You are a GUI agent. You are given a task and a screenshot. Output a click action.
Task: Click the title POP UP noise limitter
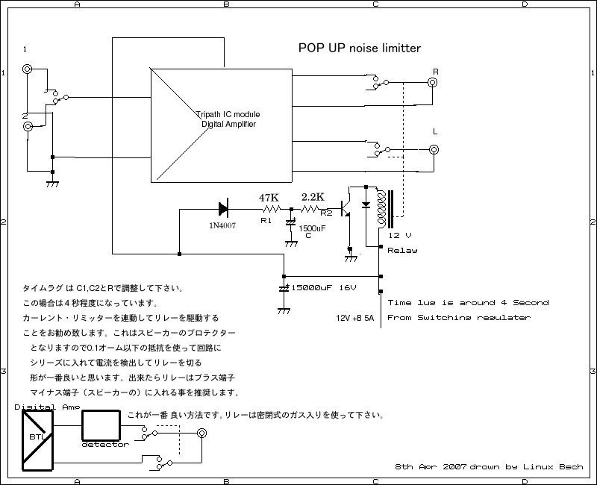[360, 48]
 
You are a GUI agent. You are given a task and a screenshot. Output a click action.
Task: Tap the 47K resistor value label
[269, 198]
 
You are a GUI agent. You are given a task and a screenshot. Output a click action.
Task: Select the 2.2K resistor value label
[312, 197]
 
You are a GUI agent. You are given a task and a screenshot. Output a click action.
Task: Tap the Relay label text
[402, 251]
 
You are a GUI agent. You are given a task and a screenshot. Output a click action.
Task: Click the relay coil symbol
[385, 209]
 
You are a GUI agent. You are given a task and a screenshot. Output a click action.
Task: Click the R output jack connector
[434, 83]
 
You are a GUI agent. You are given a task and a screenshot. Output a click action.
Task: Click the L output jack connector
[434, 149]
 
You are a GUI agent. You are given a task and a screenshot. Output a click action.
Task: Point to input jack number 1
[28, 69]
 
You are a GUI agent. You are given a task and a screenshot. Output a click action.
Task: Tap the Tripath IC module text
[228, 114]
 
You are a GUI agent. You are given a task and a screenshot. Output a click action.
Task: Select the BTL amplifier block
[36, 439]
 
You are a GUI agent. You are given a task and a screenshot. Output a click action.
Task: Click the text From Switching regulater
[459, 318]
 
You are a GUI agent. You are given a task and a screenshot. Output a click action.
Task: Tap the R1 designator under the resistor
[266, 221]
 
